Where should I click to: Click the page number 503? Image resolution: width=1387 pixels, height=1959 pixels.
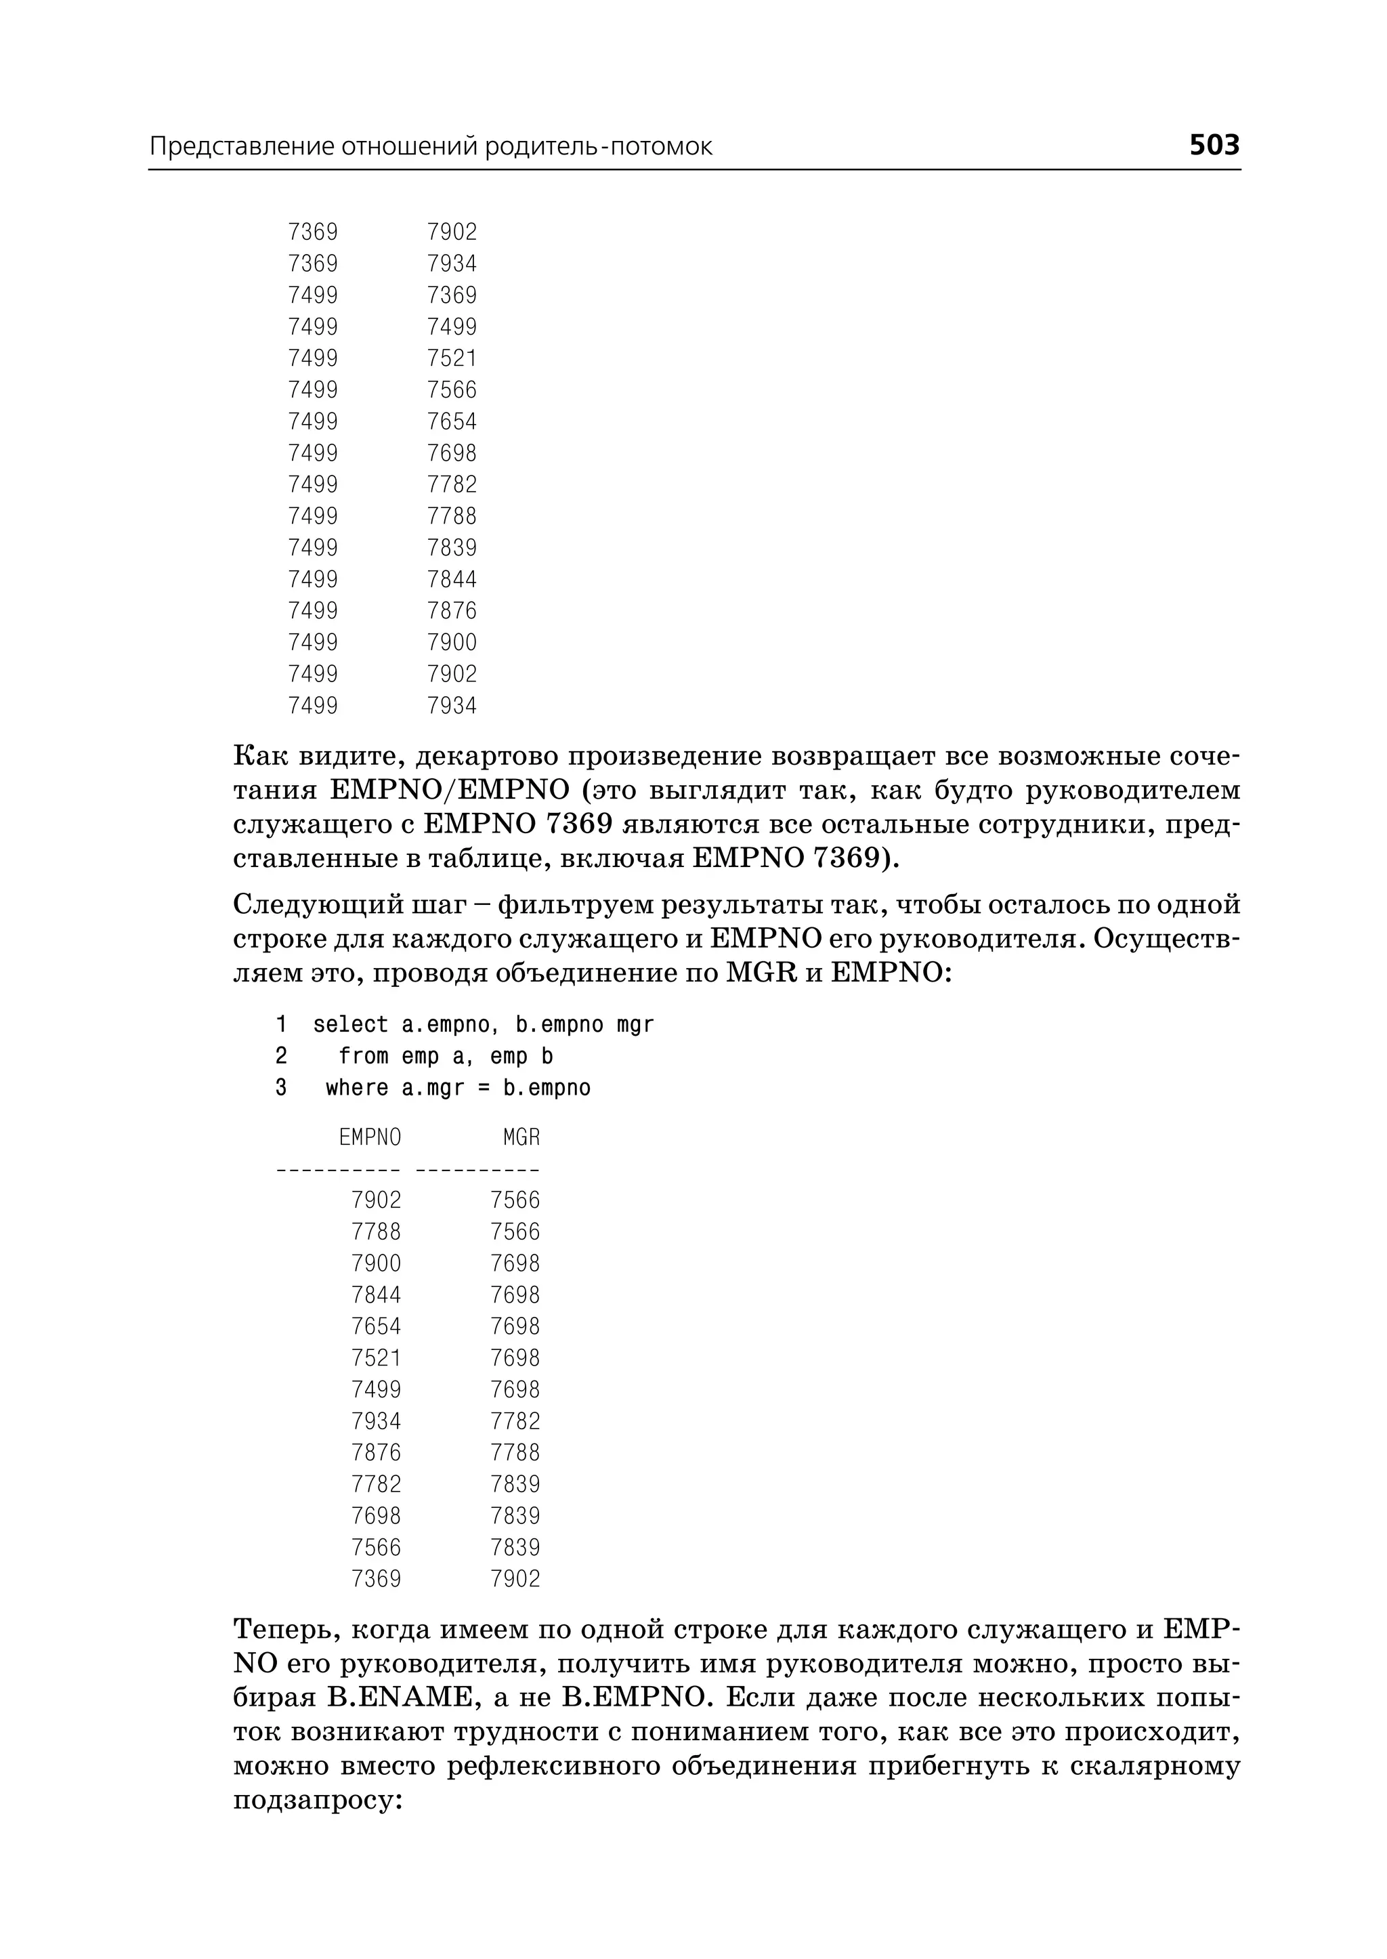tap(1214, 145)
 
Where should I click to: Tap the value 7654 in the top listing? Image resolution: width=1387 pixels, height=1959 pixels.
tap(452, 421)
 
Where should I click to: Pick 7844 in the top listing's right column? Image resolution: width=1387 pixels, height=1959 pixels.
tap(452, 579)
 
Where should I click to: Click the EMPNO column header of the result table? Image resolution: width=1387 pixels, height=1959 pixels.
tap(370, 1137)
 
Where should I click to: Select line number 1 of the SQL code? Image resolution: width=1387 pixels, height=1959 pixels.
tap(281, 1024)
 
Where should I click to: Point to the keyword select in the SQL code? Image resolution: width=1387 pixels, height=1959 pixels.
tap(350, 1024)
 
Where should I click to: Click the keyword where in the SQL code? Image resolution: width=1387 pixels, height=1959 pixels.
tap(357, 1088)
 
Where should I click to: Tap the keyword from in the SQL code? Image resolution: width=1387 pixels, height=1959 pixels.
tap(363, 1057)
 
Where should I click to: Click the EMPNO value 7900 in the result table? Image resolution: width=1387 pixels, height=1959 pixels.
tap(376, 1263)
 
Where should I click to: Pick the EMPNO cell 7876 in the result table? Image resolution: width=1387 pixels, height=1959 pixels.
tap(376, 1452)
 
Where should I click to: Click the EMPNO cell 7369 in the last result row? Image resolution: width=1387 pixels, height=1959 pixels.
tap(376, 1579)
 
